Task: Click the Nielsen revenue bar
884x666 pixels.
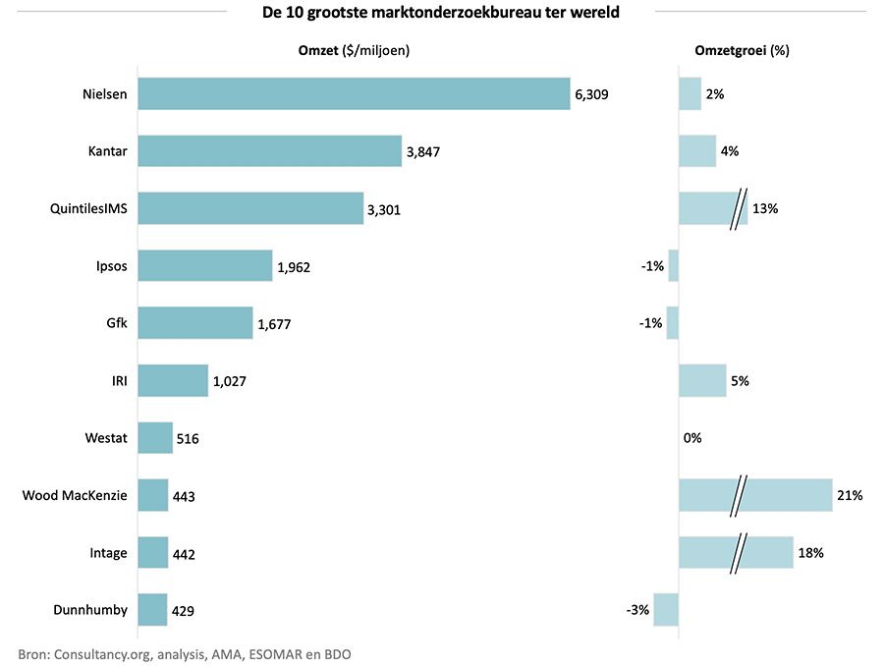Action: [354, 94]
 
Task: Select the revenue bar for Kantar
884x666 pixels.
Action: [269, 151]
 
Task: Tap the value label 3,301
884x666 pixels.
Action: [383, 209]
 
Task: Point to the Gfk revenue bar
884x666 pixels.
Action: [194, 323]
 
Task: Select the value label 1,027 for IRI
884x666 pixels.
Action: [229, 381]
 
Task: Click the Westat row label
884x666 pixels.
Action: [105, 437]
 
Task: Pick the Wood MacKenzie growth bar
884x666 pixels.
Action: [754, 495]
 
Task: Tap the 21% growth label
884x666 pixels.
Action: [850, 496]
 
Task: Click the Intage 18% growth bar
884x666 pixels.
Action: [735, 552]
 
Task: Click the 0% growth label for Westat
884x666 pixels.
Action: [692, 438]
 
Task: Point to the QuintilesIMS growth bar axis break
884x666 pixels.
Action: [738, 208]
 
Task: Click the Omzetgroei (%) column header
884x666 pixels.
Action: [743, 50]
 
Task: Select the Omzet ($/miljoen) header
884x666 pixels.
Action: [354, 50]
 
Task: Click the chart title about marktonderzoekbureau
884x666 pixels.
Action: [441, 13]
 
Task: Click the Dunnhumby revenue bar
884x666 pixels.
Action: [153, 610]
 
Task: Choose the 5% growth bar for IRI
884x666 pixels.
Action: [702, 380]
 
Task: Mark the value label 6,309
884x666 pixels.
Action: [592, 94]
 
